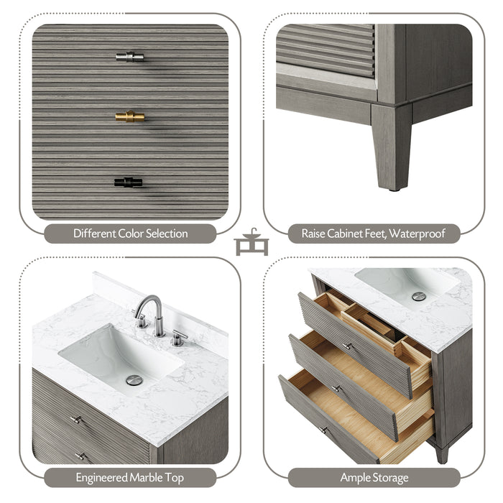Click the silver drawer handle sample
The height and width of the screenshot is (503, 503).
point(130,57)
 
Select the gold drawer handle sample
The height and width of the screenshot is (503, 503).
point(130,116)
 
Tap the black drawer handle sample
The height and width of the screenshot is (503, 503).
point(128,183)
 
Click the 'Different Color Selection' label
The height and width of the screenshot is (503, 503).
point(130,234)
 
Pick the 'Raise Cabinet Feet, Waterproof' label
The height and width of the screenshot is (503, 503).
point(373,234)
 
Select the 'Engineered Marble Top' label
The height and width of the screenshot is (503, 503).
point(130,477)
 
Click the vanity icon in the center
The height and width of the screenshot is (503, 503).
point(251,243)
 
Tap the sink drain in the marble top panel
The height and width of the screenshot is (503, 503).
point(134,380)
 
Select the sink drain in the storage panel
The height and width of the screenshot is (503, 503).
point(418,296)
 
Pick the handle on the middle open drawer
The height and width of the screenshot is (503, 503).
point(336,388)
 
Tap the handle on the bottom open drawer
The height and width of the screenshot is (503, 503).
point(324,430)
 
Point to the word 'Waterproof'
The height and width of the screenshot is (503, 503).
point(418,234)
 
